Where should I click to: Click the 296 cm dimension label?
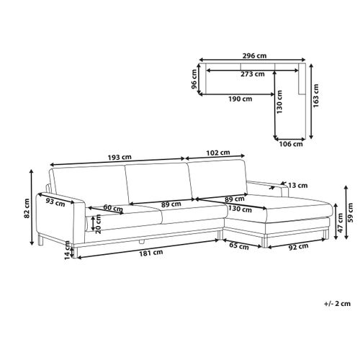(x=254, y=55)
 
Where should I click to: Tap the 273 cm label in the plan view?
(x=253, y=74)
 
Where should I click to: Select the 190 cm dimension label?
(x=240, y=99)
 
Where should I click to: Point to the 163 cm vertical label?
(x=316, y=96)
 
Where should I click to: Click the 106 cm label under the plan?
(x=291, y=144)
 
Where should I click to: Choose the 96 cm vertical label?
(x=194, y=79)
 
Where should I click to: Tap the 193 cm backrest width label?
(x=120, y=158)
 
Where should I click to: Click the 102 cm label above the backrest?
(x=218, y=153)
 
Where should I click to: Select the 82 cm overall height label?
(x=27, y=208)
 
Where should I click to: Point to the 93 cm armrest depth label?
(x=55, y=202)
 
